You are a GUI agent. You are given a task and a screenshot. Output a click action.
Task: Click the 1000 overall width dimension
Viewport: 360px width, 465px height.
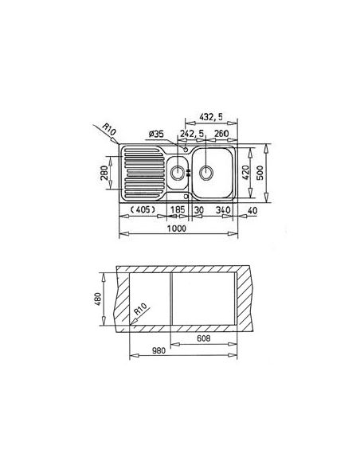point(177,229)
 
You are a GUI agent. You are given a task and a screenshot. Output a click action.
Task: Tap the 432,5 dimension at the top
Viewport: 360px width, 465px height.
point(211,117)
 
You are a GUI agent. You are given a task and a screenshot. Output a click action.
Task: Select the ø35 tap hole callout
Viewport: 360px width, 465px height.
point(156,135)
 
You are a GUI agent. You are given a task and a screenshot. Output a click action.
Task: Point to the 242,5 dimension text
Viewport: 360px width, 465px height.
point(193,134)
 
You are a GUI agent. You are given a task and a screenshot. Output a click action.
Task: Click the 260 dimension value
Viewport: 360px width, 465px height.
point(221,134)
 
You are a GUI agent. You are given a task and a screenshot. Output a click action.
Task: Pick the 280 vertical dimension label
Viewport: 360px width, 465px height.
point(104,173)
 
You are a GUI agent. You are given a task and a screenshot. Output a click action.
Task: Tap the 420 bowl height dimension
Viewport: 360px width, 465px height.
point(246,173)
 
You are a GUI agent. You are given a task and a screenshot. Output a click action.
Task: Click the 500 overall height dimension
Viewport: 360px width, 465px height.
point(260,174)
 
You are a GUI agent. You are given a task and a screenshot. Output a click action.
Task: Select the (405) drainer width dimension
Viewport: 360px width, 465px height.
point(143,210)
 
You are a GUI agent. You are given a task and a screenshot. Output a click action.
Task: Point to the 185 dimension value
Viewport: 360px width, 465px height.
point(178,209)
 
